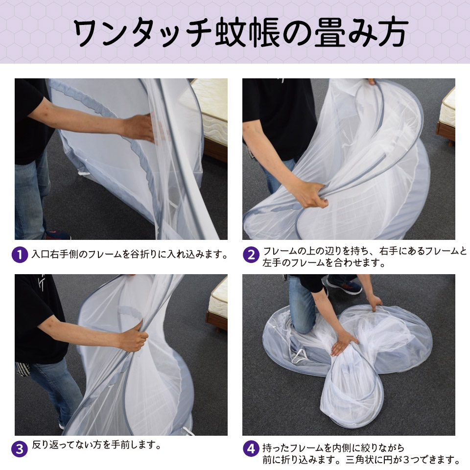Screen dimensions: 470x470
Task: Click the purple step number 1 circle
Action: pyautogui.click(x=20, y=255)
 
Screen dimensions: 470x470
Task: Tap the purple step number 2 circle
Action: pyautogui.click(x=251, y=255)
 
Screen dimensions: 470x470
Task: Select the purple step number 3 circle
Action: pyautogui.click(x=20, y=449)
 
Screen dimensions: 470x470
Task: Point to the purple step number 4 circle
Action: pyautogui.click(x=251, y=449)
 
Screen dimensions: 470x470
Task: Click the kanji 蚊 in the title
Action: pyautogui.click(x=232, y=32)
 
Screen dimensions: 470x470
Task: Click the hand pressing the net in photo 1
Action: pyautogui.click(x=141, y=127)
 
